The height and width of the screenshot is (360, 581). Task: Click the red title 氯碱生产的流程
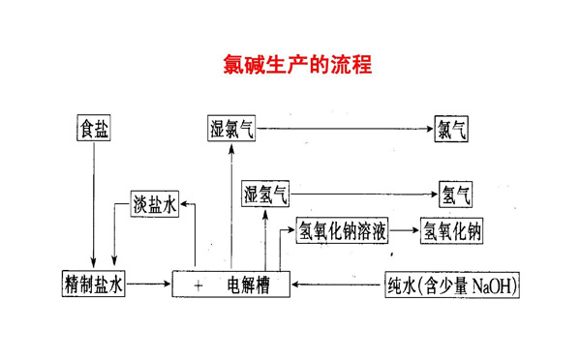[290, 65]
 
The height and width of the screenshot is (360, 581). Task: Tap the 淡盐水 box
[155, 204]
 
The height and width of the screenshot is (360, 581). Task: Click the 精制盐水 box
[93, 285]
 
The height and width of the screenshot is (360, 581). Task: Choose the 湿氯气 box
[231, 128]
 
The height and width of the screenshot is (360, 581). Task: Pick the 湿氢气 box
[265, 194]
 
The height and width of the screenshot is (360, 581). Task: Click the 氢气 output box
[455, 194]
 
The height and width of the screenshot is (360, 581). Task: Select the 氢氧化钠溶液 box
[343, 230]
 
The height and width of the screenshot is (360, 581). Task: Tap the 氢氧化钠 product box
[451, 230]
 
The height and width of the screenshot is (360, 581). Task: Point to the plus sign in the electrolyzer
[198, 285]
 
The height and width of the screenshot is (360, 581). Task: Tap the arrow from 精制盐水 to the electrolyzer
[149, 285]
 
